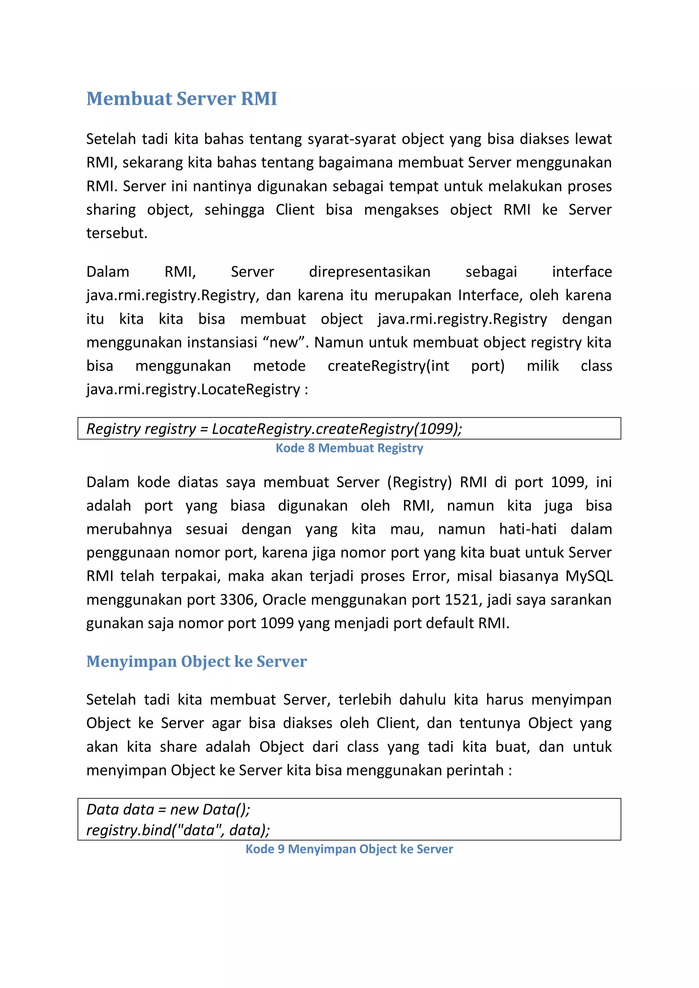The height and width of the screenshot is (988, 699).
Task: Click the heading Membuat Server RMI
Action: pyautogui.click(x=181, y=99)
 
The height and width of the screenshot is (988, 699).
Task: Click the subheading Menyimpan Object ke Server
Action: pyautogui.click(x=196, y=661)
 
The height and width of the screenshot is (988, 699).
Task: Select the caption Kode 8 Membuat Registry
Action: pyautogui.click(x=349, y=448)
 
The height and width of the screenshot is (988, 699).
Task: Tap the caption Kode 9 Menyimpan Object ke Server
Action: pyautogui.click(x=349, y=849)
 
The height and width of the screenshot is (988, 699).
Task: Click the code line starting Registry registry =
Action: pyautogui.click(x=274, y=429)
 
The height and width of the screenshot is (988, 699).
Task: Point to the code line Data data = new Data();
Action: pyautogui.click(x=168, y=810)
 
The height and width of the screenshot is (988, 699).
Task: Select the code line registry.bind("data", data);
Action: pyautogui.click(x=178, y=830)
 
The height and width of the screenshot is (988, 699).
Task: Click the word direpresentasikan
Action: pyautogui.click(x=369, y=272)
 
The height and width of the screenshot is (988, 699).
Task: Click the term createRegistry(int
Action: pyautogui.click(x=388, y=366)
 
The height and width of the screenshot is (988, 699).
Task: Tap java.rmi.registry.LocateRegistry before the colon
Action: pyautogui.click(x=193, y=389)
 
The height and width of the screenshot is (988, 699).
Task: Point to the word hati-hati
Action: pyautogui.click(x=528, y=529)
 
